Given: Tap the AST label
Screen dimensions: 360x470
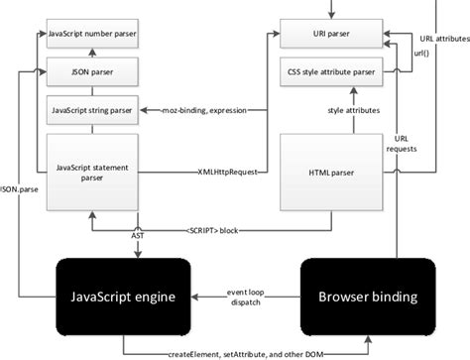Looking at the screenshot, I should click(x=138, y=238).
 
